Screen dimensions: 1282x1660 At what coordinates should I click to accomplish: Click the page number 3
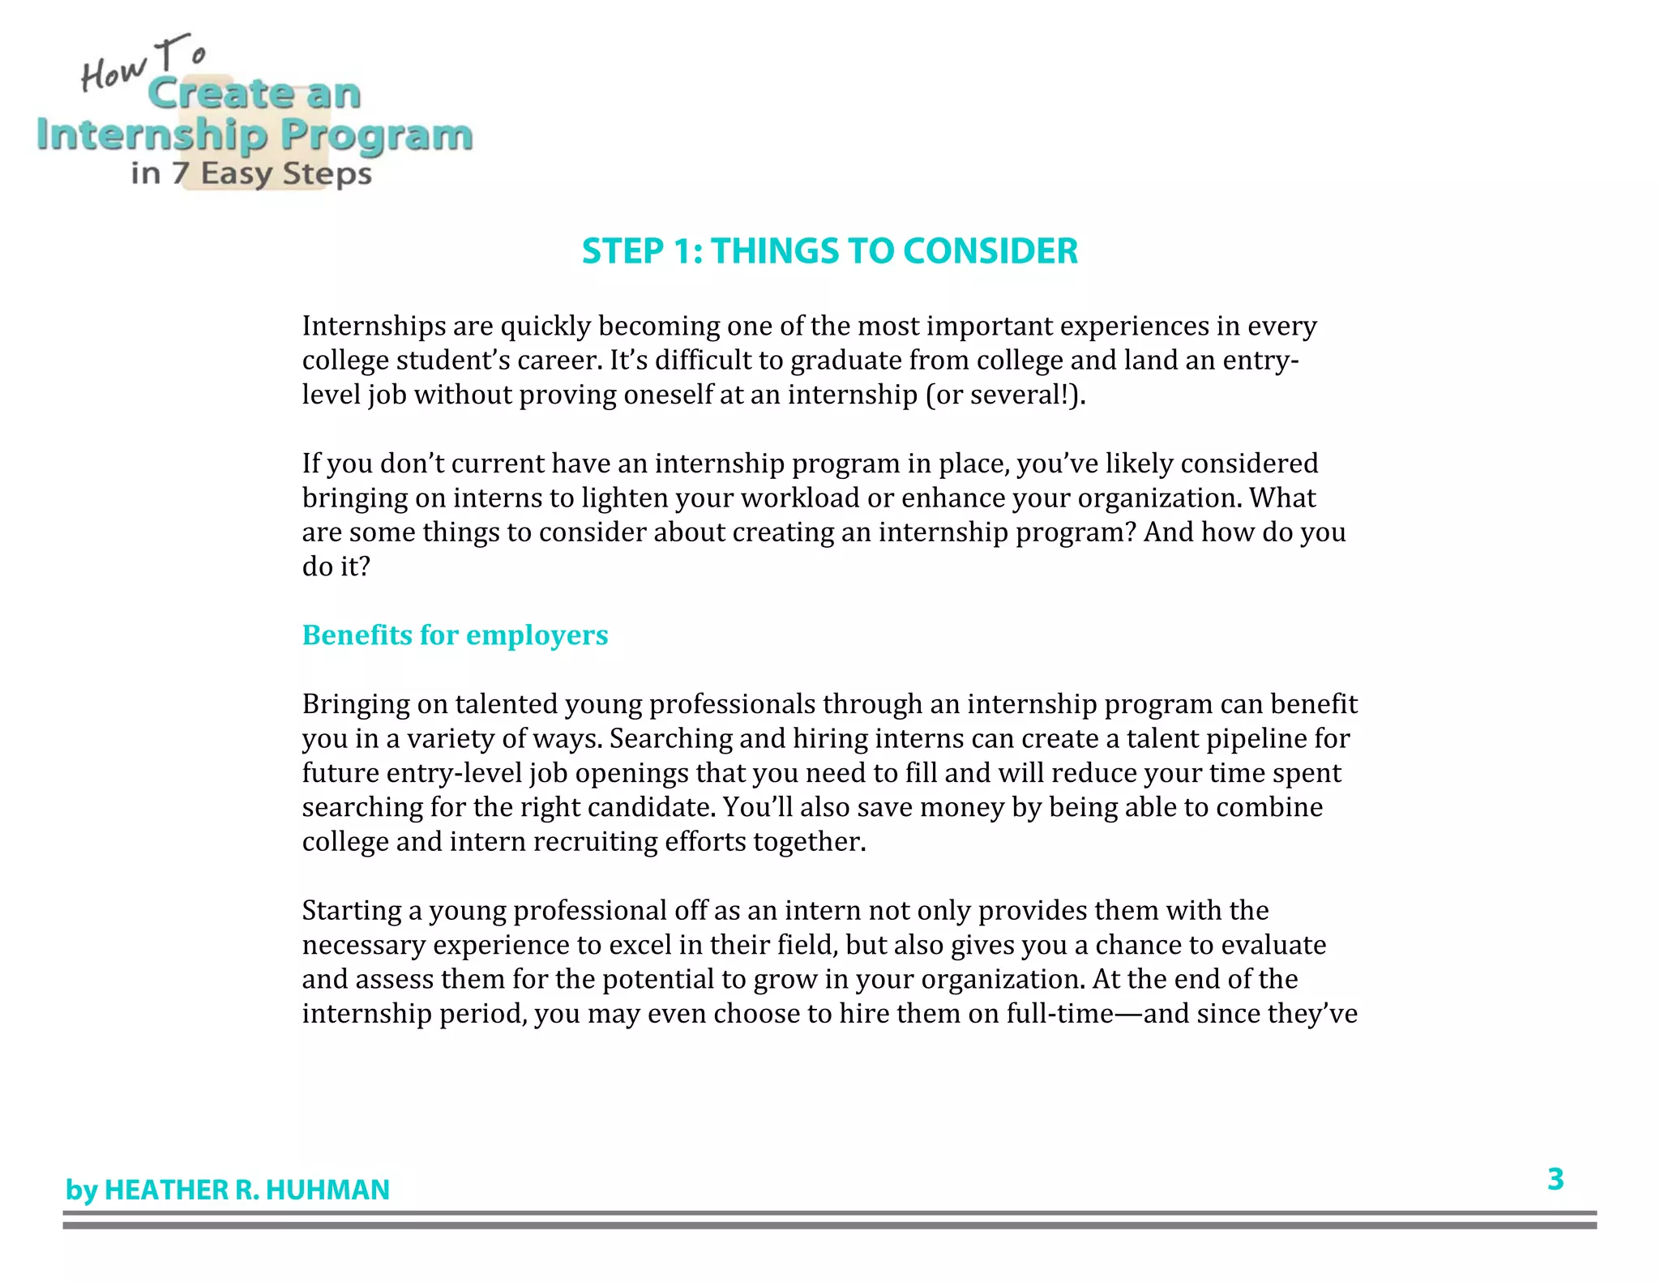pyautogui.click(x=1555, y=1179)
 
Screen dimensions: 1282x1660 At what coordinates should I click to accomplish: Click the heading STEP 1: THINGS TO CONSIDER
pyautogui.click(x=829, y=251)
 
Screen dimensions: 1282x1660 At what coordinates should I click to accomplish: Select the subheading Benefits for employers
pyautogui.click(x=455, y=635)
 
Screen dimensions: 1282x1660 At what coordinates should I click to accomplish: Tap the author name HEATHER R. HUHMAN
pyautogui.click(x=246, y=1190)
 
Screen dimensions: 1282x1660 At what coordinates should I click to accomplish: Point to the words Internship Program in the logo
pyautogui.click(x=254, y=135)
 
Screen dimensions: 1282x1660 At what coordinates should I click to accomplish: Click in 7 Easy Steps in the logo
pyautogui.click(x=251, y=173)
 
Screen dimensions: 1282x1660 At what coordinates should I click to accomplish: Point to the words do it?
pyautogui.click(x=336, y=566)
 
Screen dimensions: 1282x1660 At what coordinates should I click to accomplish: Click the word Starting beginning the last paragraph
pyautogui.click(x=351, y=911)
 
